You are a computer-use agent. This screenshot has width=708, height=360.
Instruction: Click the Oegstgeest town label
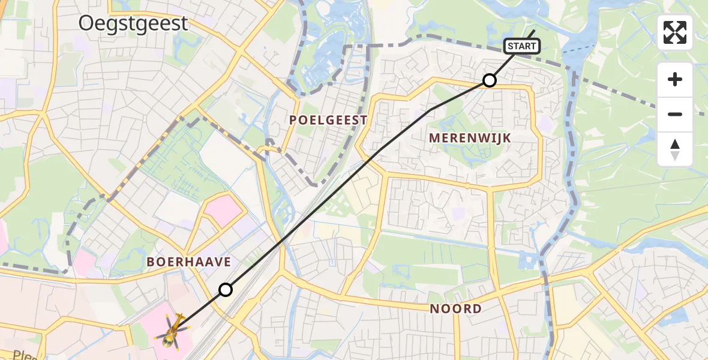tap(134, 23)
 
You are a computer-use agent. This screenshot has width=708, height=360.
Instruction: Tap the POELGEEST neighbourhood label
tap(328, 120)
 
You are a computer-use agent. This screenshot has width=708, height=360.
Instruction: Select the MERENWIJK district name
tap(470, 138)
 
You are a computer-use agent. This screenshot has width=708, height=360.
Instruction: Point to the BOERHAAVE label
tap(189, 262)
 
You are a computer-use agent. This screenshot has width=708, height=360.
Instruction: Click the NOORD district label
tap(456, 309)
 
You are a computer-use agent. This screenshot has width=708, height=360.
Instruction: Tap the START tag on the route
tap(521, 46)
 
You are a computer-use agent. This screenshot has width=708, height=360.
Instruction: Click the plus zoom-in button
tap(675, 80)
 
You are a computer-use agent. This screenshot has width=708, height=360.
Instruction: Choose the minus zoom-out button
tap(675, 114)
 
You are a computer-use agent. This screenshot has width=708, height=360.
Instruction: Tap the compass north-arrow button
tap(675, 149)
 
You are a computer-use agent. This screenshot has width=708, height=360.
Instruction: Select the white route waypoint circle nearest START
tap(490, 80)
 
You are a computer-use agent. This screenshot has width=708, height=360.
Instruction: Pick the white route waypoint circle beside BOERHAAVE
tap(225, 290)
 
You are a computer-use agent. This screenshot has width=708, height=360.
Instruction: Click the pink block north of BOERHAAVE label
tap(224, 209)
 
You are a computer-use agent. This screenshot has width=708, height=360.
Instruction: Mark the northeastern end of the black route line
tap(534, 30)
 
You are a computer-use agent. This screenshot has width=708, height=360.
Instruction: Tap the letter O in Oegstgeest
tap(88, 23)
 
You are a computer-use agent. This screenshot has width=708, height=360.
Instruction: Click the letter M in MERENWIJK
tap(434, 138)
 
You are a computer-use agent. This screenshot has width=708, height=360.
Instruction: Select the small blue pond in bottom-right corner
tap(681, 318)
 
